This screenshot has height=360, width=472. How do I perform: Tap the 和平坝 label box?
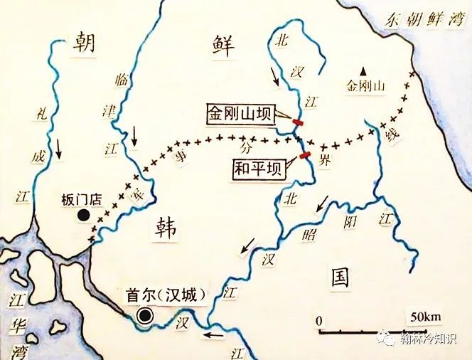coord(258,169)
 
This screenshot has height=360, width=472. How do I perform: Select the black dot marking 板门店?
coord(84,214)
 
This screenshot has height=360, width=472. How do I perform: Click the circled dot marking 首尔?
coord(146,316)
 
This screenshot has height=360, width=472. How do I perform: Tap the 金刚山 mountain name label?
coord(364,85)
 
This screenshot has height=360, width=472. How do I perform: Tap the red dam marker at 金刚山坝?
coord(298,123)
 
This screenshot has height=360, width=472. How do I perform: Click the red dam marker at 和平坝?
coord(305,156)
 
